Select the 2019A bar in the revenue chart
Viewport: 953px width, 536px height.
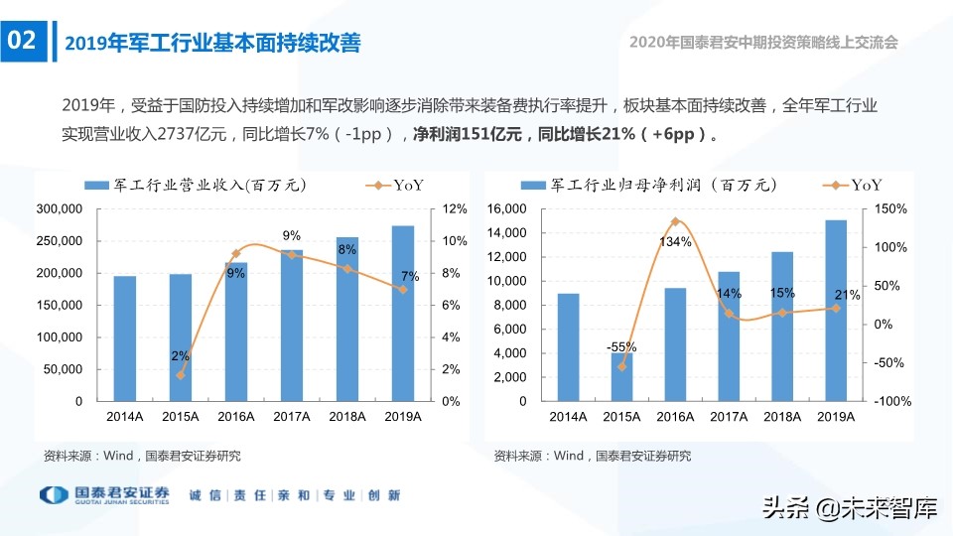pos(402,314)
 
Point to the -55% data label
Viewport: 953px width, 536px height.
pos(621,346)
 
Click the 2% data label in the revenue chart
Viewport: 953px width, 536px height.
pos(180,355)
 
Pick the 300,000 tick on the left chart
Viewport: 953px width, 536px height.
pos(61,209)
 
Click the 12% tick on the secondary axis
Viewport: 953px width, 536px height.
pos(454,209)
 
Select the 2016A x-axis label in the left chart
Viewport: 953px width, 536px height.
pos(236,418)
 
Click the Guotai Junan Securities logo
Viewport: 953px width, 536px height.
pos(104,494)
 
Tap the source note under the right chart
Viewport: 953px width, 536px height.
pos(592,457)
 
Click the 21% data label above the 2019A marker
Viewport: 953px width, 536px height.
pos(846,295)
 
